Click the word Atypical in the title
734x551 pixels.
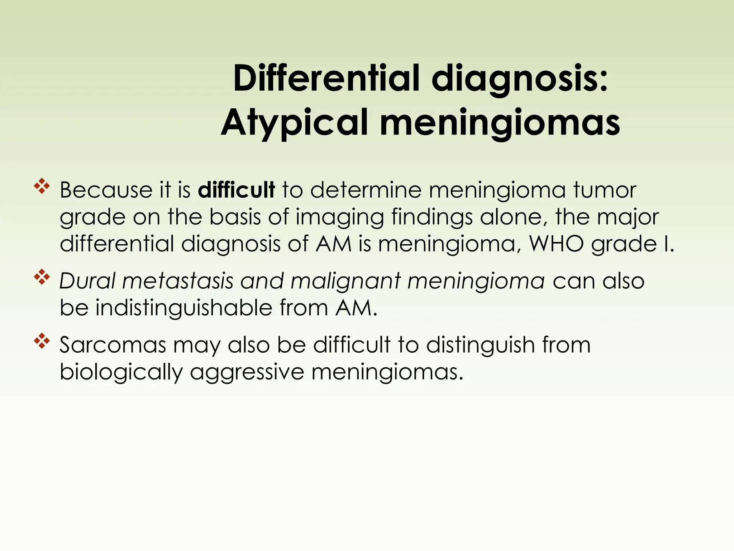295,123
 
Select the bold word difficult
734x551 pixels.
236,190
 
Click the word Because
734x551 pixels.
106,190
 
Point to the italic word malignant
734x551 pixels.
345,281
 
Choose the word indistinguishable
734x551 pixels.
184,308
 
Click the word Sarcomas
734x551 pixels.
113,345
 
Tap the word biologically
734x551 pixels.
121,372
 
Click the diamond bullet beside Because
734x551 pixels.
42,186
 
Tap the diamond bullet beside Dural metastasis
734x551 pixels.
42,277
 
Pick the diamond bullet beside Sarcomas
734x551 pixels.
42,341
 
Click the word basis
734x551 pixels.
235,217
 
